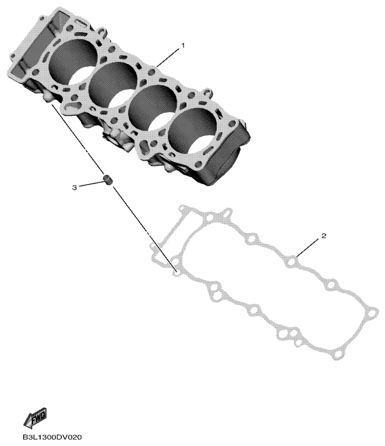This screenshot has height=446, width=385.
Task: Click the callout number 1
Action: (183, 45)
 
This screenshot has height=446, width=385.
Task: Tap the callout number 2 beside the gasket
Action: (324, 236)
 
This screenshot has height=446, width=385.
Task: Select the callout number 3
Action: (74, 187)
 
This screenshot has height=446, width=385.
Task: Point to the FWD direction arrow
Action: (35, 417)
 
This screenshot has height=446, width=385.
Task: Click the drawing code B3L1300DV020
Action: (52, 437)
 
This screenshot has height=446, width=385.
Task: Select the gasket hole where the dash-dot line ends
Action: (175, 273)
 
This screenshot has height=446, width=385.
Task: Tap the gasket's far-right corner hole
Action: (371, 315)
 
